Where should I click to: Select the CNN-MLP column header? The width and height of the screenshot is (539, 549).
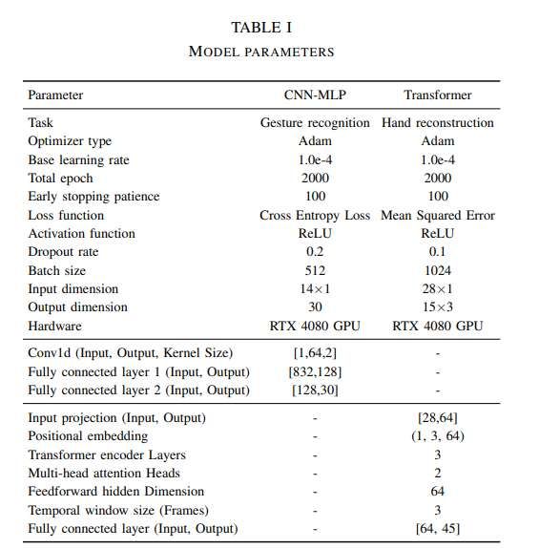pos(314,95)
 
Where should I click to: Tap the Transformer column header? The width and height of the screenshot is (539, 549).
pos(438,95)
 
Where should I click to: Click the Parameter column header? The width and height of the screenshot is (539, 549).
pos(55,95)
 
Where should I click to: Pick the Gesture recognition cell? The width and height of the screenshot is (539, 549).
pos(314,123)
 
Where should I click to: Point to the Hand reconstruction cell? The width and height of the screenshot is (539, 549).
pos(438,123)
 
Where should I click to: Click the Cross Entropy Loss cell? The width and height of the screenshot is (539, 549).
pos(314,215)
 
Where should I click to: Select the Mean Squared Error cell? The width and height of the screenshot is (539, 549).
pos(438,215)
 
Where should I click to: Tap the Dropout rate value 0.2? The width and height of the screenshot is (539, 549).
pos(314,252)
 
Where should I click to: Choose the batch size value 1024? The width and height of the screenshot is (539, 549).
pos(438,270)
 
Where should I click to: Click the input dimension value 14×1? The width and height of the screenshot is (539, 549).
pos(314,289)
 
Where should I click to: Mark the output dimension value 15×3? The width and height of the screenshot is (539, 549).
pos(438,307)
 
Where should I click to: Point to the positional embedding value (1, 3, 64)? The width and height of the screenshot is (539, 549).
pos(438,436)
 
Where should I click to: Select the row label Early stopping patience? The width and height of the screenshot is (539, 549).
pos(93,197)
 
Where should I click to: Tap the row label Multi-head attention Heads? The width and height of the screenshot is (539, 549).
pos(104,474)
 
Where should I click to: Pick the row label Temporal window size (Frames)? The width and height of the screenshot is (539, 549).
pos(118,510)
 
